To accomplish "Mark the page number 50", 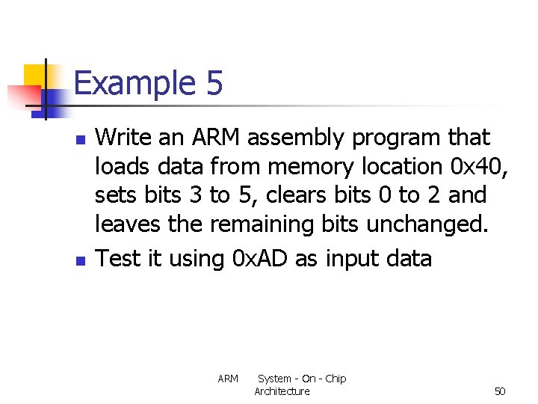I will [x=500, y=391].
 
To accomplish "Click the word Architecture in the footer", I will [x=282, y=391].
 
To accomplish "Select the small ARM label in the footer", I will [x=228, y=379].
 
